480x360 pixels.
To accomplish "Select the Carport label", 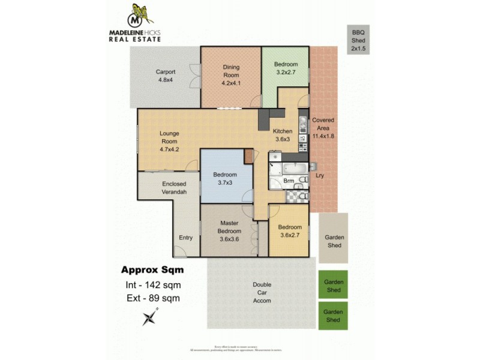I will pyautogui.click(x=166, y=76).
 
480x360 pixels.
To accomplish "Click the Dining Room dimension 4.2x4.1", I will pyautogui.click(x=230, y=83).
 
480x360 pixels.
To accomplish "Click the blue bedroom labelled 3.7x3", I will pyautogui.click(x=225, y=178).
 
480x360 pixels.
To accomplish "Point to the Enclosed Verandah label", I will pyautogui.click(x=174, y=188).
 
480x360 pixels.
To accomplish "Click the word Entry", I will pyautogui.click(x=185, y=238).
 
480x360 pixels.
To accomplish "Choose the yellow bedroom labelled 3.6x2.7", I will pyautogui.click(x=289, y=231).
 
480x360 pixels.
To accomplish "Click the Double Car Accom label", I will pyautogui.click(x=262, y=292).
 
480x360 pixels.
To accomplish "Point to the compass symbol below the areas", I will pyautogui.click(x=150, y=316).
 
